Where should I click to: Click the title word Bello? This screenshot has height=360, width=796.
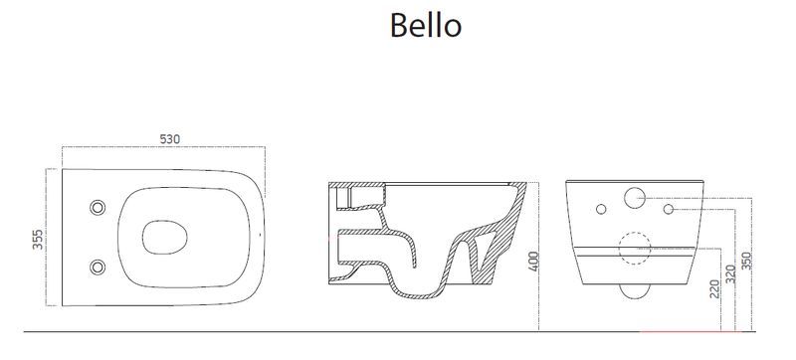coord(426,25)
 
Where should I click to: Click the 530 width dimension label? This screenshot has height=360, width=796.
coord(169,139)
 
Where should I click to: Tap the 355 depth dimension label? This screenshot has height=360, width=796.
coord(38,240)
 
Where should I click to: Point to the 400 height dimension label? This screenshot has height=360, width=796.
coord(533,262)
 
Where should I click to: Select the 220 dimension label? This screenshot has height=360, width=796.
coord(714,289)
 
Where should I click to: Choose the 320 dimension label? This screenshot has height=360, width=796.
coord(730,274)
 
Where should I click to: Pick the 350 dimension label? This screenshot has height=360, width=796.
coord(745,262)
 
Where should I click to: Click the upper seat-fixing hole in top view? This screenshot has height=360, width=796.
coord(98,208)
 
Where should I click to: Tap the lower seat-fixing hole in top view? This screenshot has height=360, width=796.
coord(98,268)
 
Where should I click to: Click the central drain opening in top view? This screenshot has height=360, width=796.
coord(164,238)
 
